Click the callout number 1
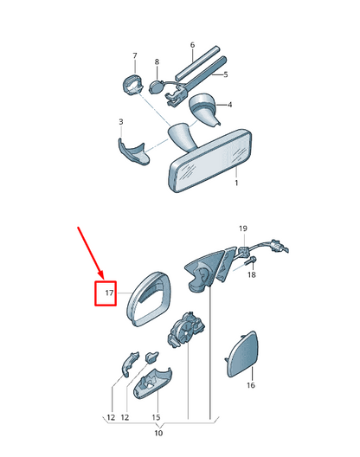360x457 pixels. click(x=236, y=183)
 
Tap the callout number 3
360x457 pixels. click(x=121, y=122)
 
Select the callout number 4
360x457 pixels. click(x=229, y=105)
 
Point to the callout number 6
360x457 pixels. click(x=192, y=45)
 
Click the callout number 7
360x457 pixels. click(x=135, y=55)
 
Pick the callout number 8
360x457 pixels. click(x=157, y=61)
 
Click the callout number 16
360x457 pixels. click(x=251, y=385)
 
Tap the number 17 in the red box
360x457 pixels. click(x=109, y=293)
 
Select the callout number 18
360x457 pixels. click(x=252, y=274)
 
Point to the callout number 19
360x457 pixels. click(x=243, y=228)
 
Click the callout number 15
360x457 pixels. click(x=156, y=417)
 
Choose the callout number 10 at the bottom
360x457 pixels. click(x=158, y=433)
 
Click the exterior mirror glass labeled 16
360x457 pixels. click(x=242, y=354)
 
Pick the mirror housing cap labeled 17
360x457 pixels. click(x=149, y=299)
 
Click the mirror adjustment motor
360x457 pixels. click(x=186, y=330)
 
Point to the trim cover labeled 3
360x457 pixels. click(x=132, y=151)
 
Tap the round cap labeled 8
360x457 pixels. click(x=157, y=87)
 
